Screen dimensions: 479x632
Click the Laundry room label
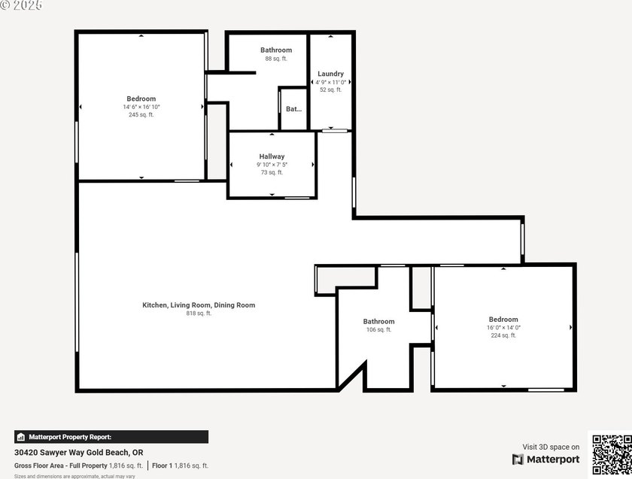pyautogui.click(x=330, y=74)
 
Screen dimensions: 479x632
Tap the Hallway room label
pyautogui.click(x=271, y=156)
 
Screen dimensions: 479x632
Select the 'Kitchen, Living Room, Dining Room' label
pyautogui.click(x=199, y=305)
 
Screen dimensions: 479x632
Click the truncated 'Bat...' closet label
pyautogui.click(x=293, y=109)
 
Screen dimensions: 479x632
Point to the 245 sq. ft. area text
pyautogui.click(x=141, y=115)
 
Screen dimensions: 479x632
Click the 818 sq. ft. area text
pyautogui.click(x=199, y=314)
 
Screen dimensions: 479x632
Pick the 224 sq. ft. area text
pyautogui.click(x=503, y=335)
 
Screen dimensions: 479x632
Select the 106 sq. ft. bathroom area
pyautogui.click(x=378, y=330)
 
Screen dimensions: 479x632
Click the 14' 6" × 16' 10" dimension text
pyautogui.click(x=141, y=107)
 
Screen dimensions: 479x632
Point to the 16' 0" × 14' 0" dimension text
pyautogui.click(x=503, y=327)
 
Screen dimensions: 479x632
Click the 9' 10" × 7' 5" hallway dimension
pyautogui.click(x=271, y=165)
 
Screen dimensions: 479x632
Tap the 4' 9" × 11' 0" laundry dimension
pyautogui.click(x=330, y=82)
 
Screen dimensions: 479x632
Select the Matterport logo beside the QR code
pyautogui.click(x=546, y=459)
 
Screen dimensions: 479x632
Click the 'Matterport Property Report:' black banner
pyautogui.click(x=111, y=437)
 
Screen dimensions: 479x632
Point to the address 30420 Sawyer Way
pyautogui.click(x=79, y=453)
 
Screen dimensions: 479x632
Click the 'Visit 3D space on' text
pyautogui.click(x=551, y=447)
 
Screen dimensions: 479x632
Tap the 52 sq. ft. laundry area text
pyautogui.click(x=330, y=89)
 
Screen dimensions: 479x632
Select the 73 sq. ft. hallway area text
pyautogui.click(x=271, y=172)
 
